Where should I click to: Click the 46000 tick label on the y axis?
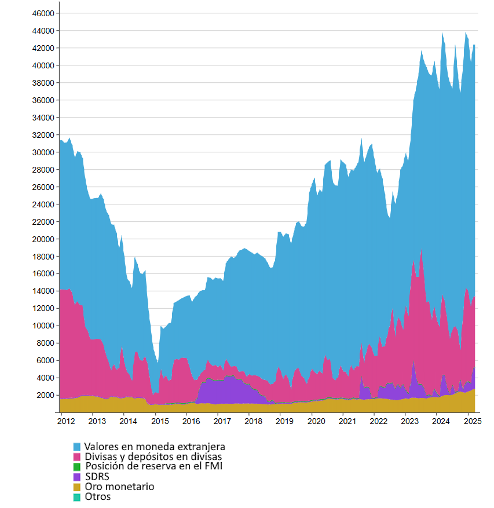coord(43,13)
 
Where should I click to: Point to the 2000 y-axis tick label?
coord(46,395)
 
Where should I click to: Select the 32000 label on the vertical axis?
coord(43,135)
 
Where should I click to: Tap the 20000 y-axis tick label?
coord(43,239)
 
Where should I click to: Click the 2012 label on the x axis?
coord(65,421)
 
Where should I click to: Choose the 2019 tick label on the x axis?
coord(284,421)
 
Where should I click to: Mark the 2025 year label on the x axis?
coord(472,421)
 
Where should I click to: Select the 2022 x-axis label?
coord(378,421)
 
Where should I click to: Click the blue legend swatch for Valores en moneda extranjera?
coord(77,447)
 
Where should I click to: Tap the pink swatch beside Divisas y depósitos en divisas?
coord(77,457)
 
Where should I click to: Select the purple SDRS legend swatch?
coord(77,477)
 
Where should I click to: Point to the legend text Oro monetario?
coord(119,487)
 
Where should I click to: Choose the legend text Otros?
coord(97,496)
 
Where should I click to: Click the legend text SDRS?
coord(97,477)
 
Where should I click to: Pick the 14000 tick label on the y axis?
coord(43,291)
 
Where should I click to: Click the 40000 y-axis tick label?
coord(43,65)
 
